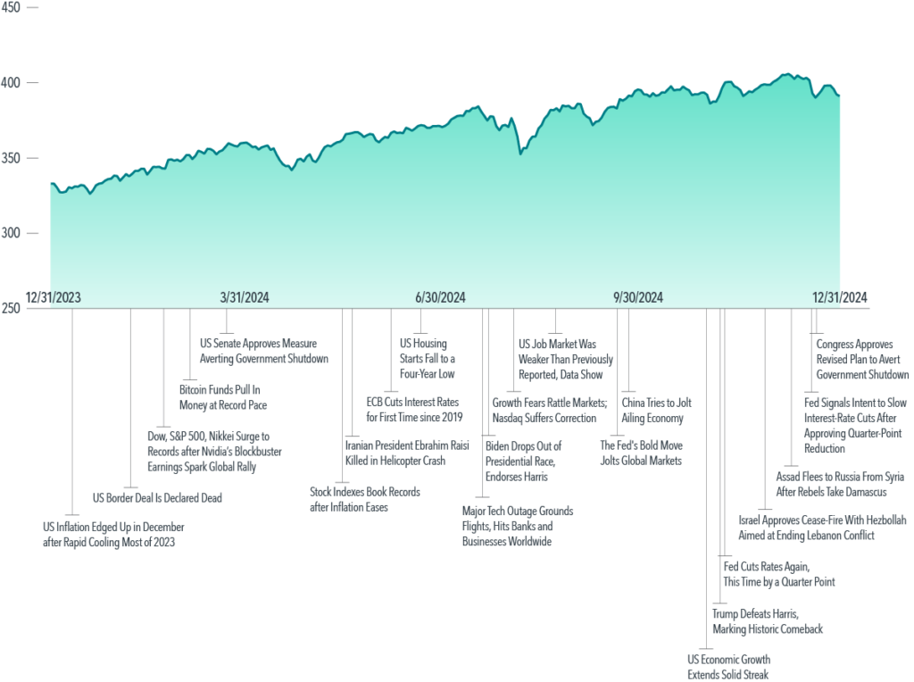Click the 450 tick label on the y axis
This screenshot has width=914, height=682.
click(11, 7)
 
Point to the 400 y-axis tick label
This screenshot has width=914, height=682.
click(11, 83)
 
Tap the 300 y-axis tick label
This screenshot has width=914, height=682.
click(11, 233)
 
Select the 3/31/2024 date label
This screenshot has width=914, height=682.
click(245, 298)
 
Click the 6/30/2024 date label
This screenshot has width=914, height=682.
click(440, 298)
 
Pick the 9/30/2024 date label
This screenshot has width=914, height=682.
click(637, 298)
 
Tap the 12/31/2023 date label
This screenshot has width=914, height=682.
click(53, 298)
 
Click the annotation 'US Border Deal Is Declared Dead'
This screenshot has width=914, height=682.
click(157, 498)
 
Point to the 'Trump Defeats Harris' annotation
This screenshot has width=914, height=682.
click(767, 621)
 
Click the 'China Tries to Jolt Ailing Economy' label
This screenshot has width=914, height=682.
click(656, 411)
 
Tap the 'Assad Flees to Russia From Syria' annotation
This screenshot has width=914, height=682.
click(840, 485)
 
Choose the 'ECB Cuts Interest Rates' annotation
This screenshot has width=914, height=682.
click(414, 410)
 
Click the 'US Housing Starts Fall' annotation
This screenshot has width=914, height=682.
click(428, 359)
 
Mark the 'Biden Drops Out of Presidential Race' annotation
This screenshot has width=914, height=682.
click(523, 462)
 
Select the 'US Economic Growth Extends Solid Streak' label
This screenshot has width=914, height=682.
click(728, 668)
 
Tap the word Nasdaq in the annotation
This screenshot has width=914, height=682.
click(508, 418)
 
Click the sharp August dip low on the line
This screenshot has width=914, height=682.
click(520, 154)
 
